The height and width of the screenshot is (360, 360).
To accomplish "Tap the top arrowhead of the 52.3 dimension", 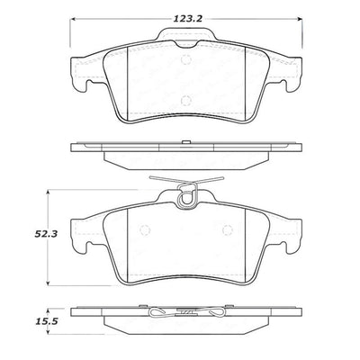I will point(49,193).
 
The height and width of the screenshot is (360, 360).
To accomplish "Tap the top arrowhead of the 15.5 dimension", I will point(49,305).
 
